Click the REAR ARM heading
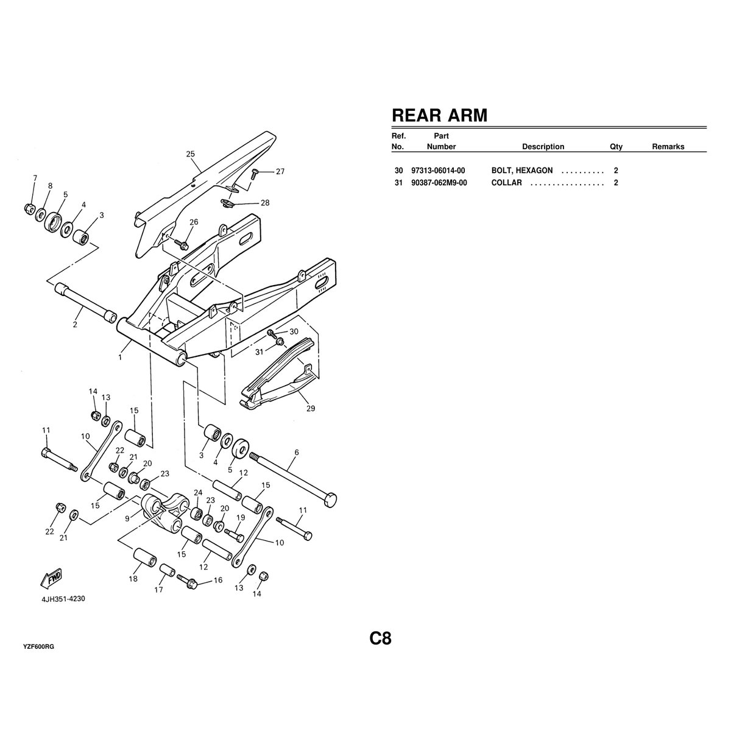click(439, 115)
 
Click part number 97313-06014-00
click(438, 171)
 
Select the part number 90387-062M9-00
click(439, 183)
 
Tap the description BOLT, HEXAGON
click(522, 171)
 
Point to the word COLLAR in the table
click(506, 183)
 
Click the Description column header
click(543, 147)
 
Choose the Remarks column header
click(668, 147)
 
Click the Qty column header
click(616, 147)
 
